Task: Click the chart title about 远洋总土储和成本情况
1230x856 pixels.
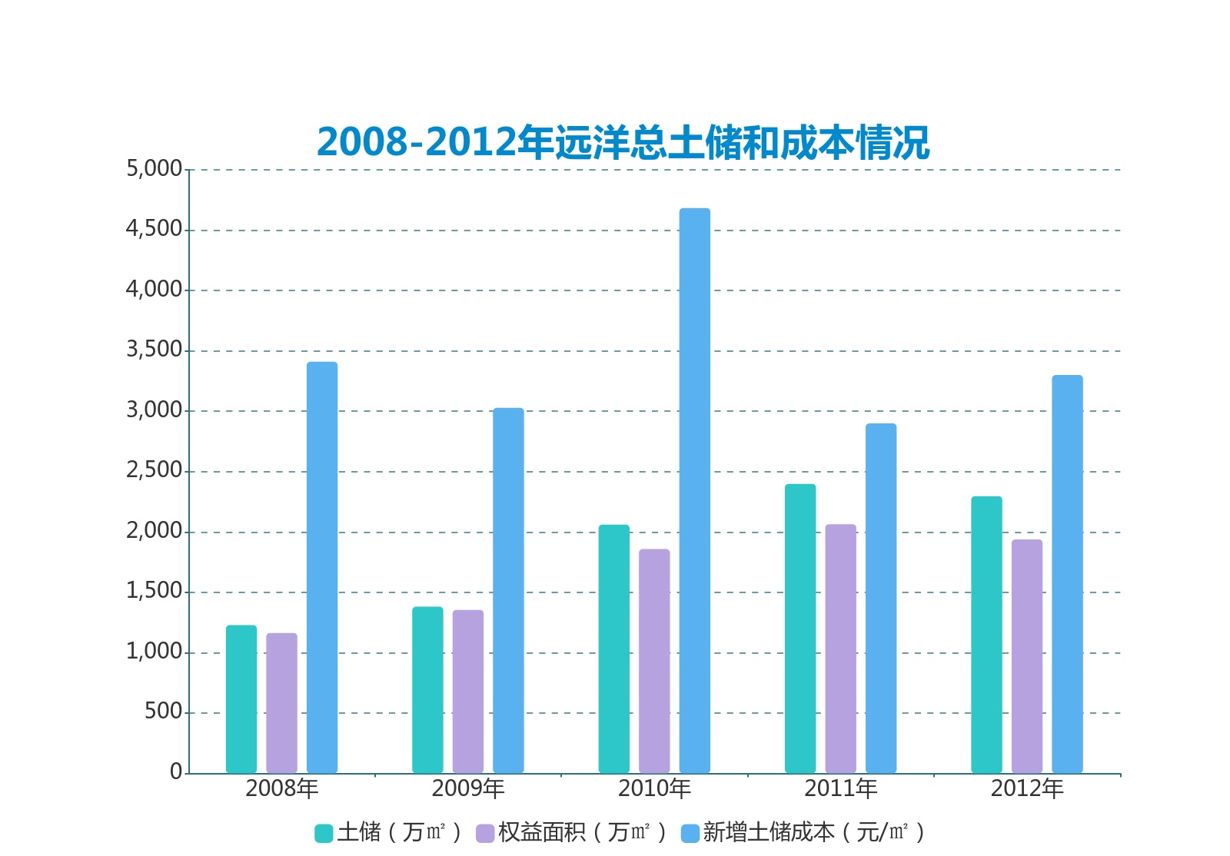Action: (623, 143)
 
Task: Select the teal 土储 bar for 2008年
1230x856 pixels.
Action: (241, 699)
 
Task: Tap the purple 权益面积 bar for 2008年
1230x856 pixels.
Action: (281, 703)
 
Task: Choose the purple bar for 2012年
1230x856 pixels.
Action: (1026, 656)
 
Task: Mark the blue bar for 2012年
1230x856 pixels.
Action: (1067, 574)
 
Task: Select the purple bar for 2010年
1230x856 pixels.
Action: (654, 661)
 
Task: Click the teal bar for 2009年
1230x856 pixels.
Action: (427, 690)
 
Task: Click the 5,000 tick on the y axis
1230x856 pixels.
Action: (155, 168)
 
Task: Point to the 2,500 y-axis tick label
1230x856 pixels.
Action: (155, 470)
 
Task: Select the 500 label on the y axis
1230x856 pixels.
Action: (164, 712)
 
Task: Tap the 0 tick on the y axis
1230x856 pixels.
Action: (176, 771)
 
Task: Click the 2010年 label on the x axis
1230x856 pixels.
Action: (654, 788)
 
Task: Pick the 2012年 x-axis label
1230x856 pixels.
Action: (1027, 788)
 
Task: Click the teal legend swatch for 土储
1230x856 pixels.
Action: (324, 833)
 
